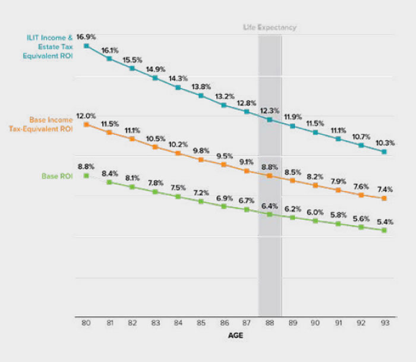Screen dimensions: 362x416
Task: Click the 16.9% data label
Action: pyautogui.click(x=86, y=37)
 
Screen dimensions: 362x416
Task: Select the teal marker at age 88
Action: pyautogui.click(x=270, y=119)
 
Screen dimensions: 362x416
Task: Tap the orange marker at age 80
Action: pyautogui.click(x=86, y=125)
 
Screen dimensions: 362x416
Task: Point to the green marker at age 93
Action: pyautogui.click(x=385, y=230)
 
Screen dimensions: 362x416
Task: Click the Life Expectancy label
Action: pyautogui.click(x=269, y=27)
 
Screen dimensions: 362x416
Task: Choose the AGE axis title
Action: pyautogui.click(x=235, y=336)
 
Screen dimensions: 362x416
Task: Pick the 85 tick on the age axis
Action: pyautogui.click(x=201, y=323)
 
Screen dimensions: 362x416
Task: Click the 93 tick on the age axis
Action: pyautogui.click(x=385, y=323)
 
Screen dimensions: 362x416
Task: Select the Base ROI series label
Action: pyautogui.click(x=57, y=177)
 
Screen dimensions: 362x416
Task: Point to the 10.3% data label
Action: pyautogui.click(x=385, y=143)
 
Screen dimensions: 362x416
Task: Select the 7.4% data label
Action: pyautogui.click(x=385, y=188)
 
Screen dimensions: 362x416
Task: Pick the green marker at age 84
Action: pyautogui.click(x=178, y=196)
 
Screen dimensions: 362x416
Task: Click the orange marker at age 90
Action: pyautogui.click(x=316, y=185)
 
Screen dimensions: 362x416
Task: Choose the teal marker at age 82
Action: pyautogui.click(x=132, y=68)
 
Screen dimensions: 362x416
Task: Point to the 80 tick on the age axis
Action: pyautogui.click(x=86, y=323)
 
